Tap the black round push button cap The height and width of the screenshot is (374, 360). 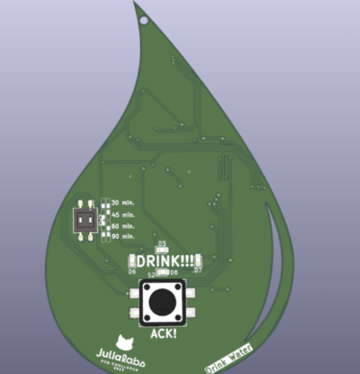point(162,302)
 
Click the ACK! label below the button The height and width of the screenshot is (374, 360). point(164,335)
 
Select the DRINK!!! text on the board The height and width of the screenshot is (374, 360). point(164,260)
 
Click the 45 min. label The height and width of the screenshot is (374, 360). point(122,215)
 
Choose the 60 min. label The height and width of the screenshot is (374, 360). point(122,225)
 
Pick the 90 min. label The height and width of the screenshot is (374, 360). point(122,236)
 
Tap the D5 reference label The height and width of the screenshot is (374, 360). point(162,244)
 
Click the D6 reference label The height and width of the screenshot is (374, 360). point(132,272)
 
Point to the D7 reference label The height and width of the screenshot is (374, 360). point(197,271)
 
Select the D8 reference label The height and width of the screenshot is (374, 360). point(175,273)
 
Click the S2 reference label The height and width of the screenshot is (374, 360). point(151,273)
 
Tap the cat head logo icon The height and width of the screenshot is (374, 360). point(123,340)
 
